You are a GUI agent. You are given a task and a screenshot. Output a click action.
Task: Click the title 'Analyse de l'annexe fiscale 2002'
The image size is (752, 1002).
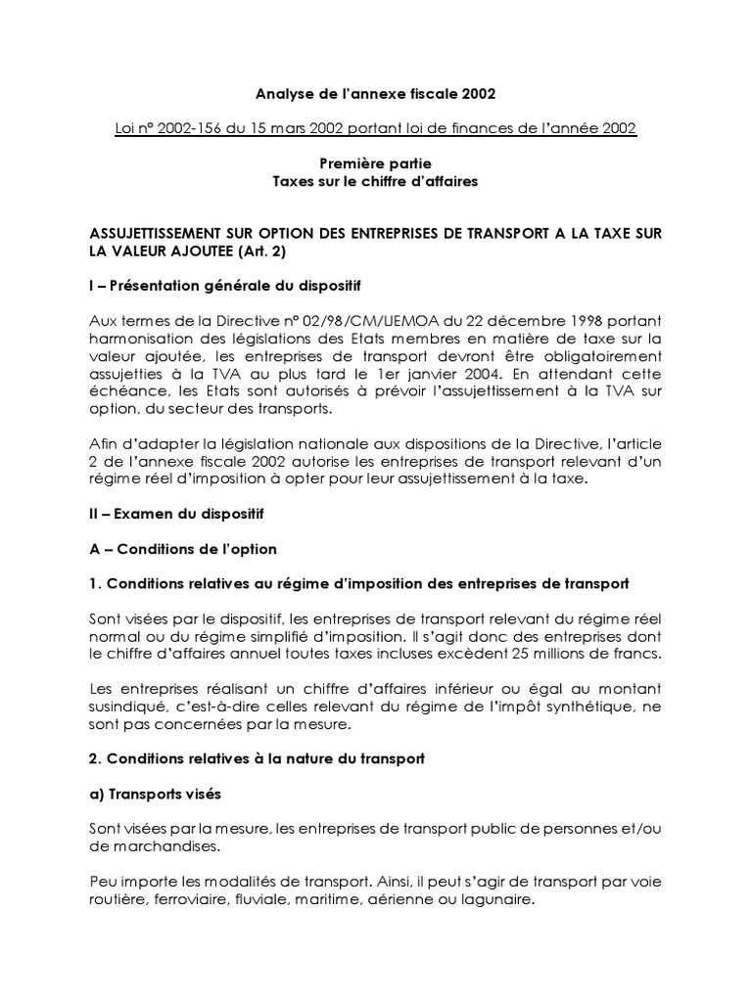pyautogui.click(x=376, y=95)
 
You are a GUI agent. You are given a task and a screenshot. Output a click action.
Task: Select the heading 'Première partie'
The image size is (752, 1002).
pyautogui.click(x=375, y=164)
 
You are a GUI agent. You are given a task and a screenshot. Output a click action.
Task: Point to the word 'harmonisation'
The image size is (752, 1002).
pyautogui.click(x=141, y=340)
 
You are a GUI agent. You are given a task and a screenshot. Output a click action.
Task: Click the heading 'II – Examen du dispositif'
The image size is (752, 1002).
pyautogui.click(x=177, y=512)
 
